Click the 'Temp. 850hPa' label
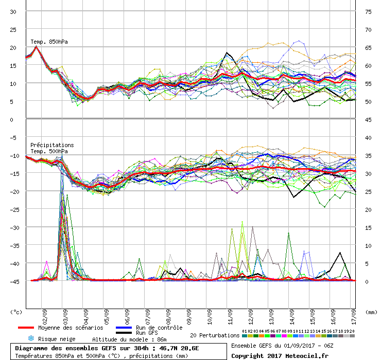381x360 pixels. [x=49, y=42]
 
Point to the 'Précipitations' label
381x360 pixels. [x=52, y=145]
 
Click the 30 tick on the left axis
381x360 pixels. [x=13, y=11]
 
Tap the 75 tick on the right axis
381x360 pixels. [x=368, y=11]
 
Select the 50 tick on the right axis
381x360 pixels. [x=368, y=101]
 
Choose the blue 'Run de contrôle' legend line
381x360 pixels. [x=123, y=328]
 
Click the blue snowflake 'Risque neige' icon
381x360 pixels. [x=31, y=338]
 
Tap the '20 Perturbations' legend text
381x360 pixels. [x=214, y=335]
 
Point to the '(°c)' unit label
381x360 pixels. [x=16, y=312]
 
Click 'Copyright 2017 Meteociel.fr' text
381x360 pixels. [x=280, y=355]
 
